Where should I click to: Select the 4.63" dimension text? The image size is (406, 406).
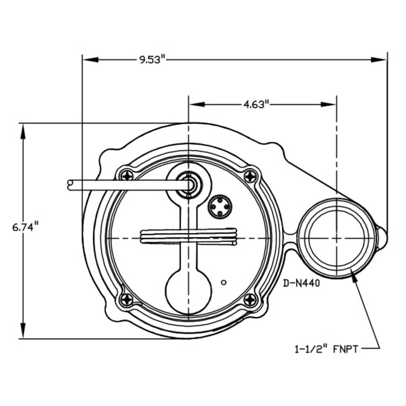pyautogui.click(x=256, y=105)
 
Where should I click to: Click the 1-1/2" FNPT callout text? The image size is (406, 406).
pyautogui.click(x=327, y=349)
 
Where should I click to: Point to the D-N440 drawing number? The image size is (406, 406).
pyautogui.click(x=301, y=284)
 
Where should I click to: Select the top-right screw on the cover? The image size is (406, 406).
pyautogui.click(x=250, y=175)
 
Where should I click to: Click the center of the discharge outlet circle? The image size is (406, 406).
pyautogui.click(x=337, y=238)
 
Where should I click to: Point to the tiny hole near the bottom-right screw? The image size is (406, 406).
pyautogui.click(x=223, y=282)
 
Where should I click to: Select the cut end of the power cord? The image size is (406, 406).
pyautogui.click(x=69, y=184)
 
